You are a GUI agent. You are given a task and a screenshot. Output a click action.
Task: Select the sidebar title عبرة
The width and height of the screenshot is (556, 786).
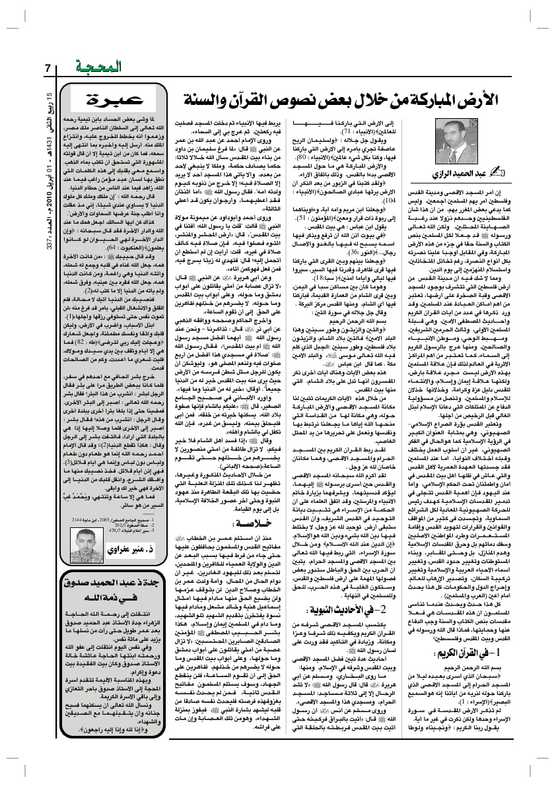pyautogui.click(x=111, y=99)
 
